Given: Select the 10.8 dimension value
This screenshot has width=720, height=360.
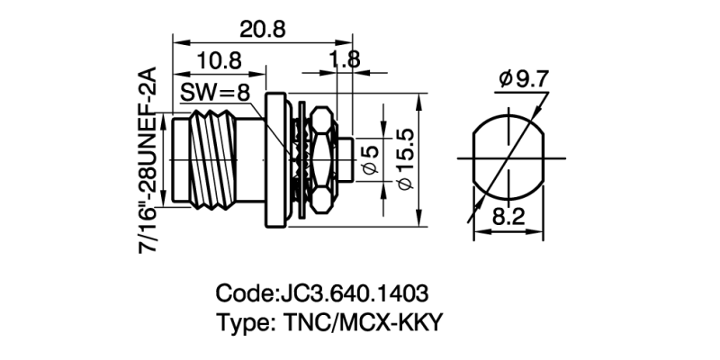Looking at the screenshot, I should pyautogui.click(x=219, y=61).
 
